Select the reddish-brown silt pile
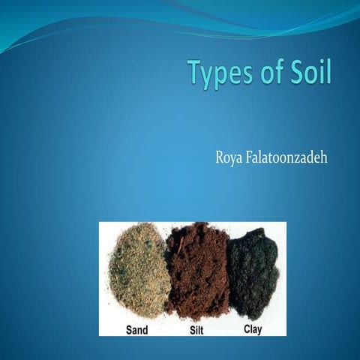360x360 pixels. (x=197, y=270)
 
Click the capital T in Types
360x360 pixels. (x=195, y=75)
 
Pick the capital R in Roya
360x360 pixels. (x=220, y=159)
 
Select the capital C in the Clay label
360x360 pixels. (x=246, y=328)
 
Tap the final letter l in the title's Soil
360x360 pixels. (x=327, y=73)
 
